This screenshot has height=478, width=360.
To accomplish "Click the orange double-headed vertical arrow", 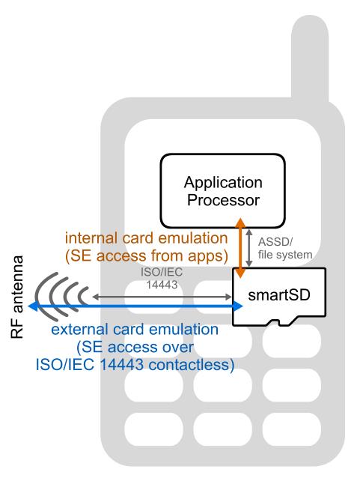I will (241, 247).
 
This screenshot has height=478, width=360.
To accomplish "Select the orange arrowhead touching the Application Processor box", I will (241, 223).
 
